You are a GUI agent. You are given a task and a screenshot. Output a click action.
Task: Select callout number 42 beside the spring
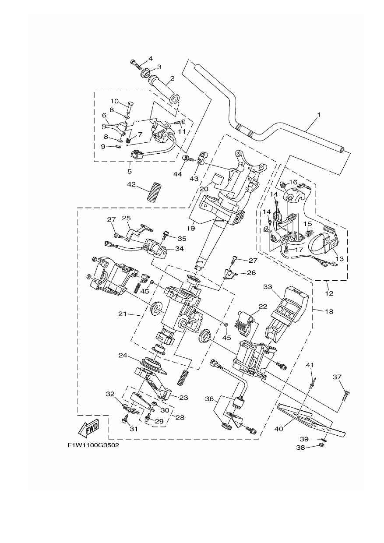(132, 184)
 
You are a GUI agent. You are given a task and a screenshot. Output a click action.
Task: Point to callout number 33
(268, 287)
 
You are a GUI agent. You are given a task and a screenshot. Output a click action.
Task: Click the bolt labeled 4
(136, 64)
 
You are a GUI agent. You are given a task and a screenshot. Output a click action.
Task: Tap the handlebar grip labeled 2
(164, 90)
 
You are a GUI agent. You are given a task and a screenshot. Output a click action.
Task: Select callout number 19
(191, 228)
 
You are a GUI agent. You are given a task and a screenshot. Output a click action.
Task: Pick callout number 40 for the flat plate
(278, 429)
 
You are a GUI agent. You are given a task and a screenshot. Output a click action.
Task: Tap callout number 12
(329, 293)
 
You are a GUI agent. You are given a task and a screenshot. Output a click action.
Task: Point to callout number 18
(329, 311)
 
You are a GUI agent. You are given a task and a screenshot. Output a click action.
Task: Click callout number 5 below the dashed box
(130, 171)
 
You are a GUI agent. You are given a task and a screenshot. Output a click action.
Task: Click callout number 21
(123, 314)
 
